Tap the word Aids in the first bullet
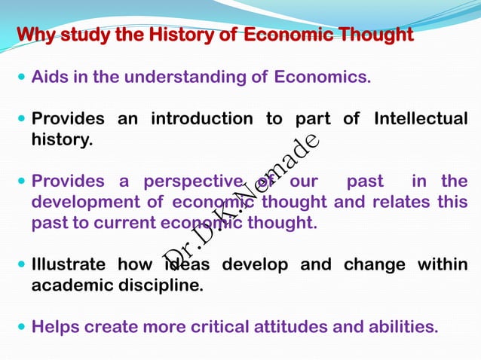[48, 78]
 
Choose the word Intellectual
[420, 119]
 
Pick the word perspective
[188, 182]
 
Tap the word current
[124, 224]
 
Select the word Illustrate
[69, 265]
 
